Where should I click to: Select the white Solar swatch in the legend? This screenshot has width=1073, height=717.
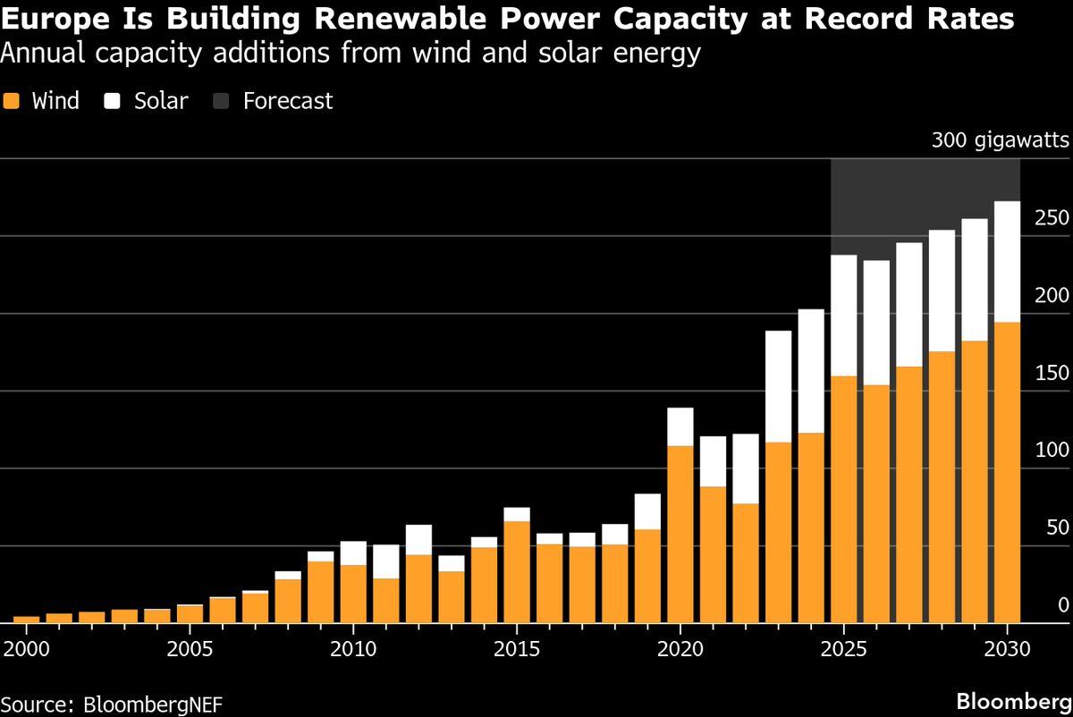point(112,101)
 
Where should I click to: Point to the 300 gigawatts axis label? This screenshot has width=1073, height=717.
point(1000,141)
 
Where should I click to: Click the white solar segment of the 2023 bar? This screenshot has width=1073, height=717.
point(778,386)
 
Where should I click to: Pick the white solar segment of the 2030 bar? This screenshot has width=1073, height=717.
point(1007,261)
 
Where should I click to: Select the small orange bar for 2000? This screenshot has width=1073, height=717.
point(27,619)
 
